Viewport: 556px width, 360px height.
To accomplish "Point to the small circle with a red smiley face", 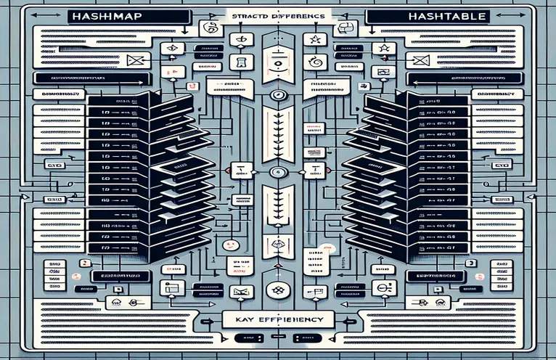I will click(x=227, y=245).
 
